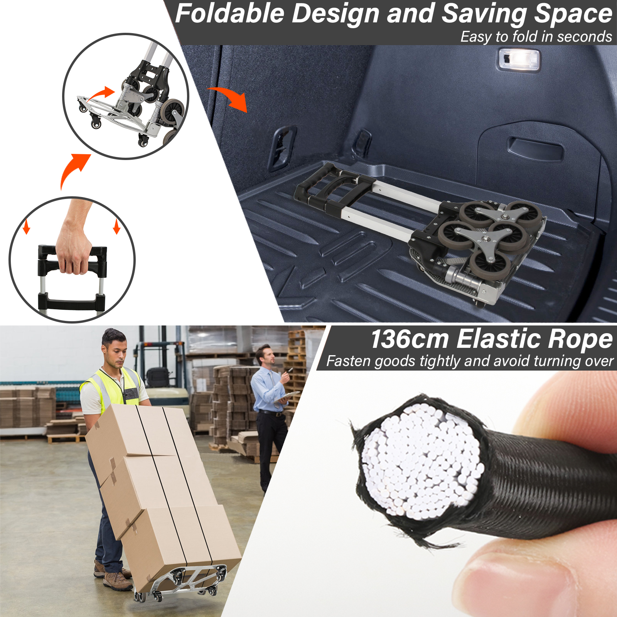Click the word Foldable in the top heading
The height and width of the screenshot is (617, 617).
pos(229,13)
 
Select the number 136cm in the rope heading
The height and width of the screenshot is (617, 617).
pos(410,339)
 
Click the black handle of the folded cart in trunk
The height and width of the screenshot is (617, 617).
pos(330,189)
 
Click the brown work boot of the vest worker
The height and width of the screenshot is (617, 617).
pos(118,581)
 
